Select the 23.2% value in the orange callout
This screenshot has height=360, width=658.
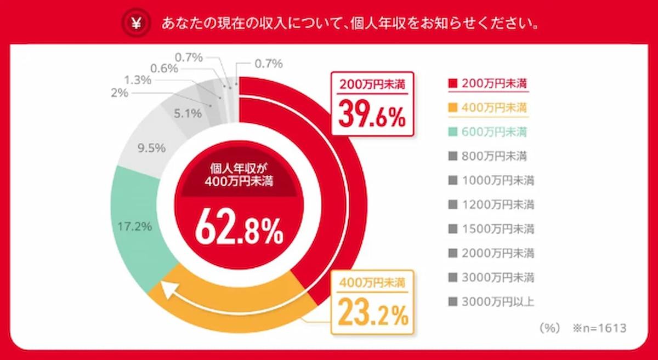[x=373, y=313]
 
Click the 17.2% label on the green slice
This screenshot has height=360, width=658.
[x=135, y=225]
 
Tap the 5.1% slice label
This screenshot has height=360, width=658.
[x=188, y=114]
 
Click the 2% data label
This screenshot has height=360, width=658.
[x=119, y=93]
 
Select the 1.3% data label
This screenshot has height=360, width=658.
[x=138, y=80]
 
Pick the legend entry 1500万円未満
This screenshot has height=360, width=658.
[x=491, y=228]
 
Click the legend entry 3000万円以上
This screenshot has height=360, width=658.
[x=491, y=301]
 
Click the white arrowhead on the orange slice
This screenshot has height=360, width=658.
[x=166, y=289]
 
